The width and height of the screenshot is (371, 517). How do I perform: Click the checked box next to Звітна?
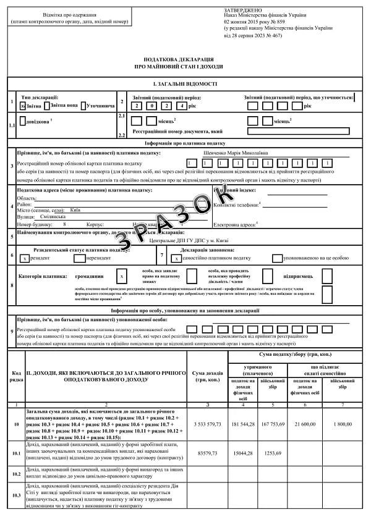coord(23,106)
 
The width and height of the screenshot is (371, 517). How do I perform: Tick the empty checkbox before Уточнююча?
coord(84,106)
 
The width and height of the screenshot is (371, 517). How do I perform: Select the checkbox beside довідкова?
coord(23,122)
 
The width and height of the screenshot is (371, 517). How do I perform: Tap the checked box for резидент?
coord(24,258)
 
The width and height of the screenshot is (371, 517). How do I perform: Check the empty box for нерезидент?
coord(82,258)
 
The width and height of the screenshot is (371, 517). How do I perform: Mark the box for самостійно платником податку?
coord(172,258)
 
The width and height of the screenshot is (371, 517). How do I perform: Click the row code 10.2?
coord(15,474)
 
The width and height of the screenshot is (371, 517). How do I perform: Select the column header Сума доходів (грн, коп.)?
coord(208,376)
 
